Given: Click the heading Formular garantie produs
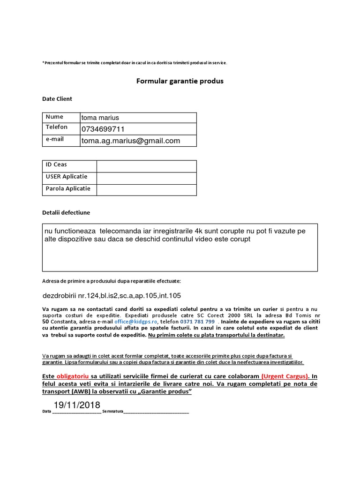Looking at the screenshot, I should [x=180, y=81].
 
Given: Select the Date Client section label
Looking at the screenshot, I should [x=57, y=99].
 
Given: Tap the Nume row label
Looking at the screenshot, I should [x=54, y=117].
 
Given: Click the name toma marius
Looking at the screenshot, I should [x=100, y=118].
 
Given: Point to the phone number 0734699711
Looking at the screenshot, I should [x=103, y=129].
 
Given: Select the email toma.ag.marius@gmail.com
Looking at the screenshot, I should [x=131, y=141].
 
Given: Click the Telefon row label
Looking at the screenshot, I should [x=56, y=127].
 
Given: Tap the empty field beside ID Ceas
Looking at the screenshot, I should [x=146, y=166].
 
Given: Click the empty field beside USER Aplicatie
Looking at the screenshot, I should [x=146, y=178].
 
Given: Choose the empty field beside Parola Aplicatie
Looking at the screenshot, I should [x=146, y=189].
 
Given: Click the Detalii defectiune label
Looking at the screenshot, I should [x=66, y=213].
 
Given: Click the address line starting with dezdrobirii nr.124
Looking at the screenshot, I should [x=112, y=296].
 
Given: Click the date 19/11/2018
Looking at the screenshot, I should [x=77, y=405].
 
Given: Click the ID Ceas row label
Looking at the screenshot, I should [x=56, y=165].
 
